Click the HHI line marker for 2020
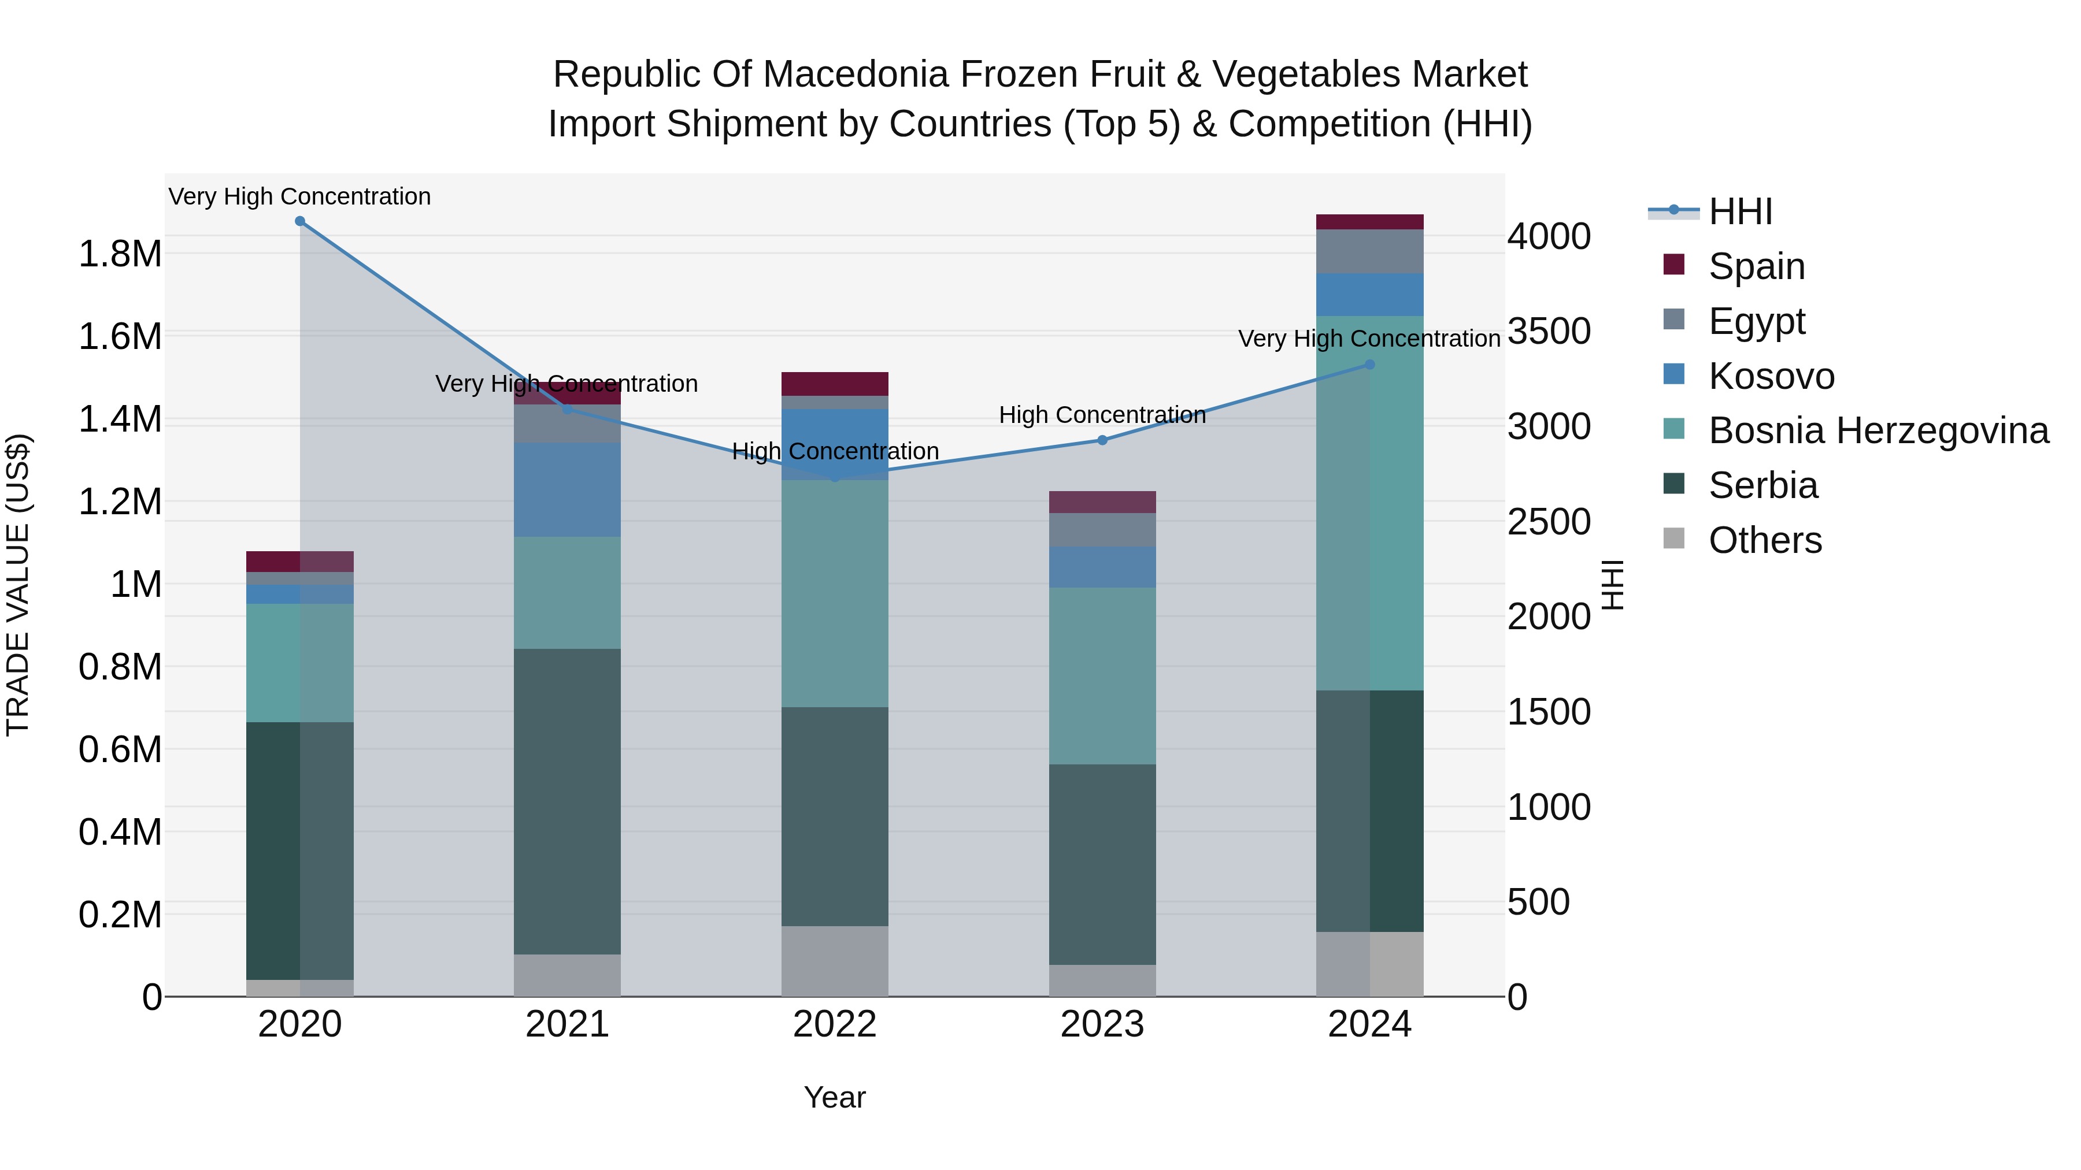pos(299,221)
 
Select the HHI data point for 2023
pos(1102,440)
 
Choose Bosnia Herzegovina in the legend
pos(1878,430)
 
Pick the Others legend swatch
pos(1674,538)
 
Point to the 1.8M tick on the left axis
pos(120,254)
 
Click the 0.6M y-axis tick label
pos(120,749)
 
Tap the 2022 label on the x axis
pos(835,1024)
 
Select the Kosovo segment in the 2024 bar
pos(1369,295)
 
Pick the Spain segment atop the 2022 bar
pos(835,384)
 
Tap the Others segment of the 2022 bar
pos(835,961)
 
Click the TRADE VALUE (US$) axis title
pos(18,585)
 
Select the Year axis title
pos(835,1097)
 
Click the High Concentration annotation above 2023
pos(1102,415)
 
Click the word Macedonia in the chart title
pos(860,75)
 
